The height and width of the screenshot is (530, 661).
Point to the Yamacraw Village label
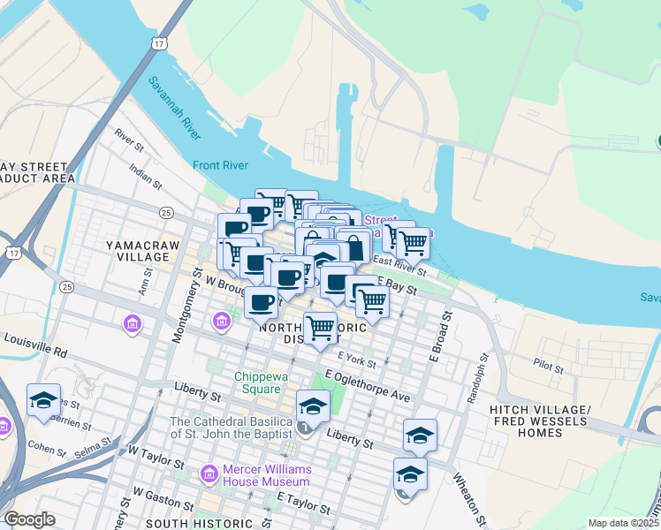(x=137, y=249)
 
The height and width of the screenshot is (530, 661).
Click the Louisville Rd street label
(x=35, y=344)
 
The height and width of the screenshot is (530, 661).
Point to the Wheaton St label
(x=469, y=496)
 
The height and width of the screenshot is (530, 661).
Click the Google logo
(x=30, y=519)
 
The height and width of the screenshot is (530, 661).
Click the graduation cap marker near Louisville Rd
(x=43, y=399)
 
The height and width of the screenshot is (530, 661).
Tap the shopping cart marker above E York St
(x=320, y=329)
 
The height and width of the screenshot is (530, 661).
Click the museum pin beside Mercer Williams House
(x=210, y=473)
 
